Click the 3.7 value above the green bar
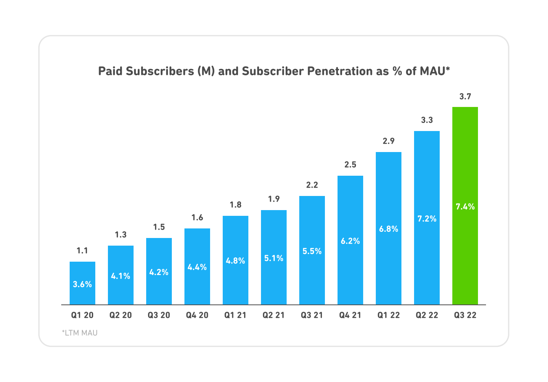coord(465,97)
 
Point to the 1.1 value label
coord(82,251)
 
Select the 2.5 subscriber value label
coord(350,165)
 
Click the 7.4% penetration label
coord(465,207)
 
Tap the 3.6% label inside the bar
coord(82,284)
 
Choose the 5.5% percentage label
coord(312,251)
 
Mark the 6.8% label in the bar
coord(388,229)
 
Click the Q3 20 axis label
coord(159,316)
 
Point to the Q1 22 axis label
coord(388,316)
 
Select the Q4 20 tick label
coord(197,316)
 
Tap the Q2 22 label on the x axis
coord(427,316)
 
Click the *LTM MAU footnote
coord(80,333)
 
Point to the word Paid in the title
coord(110,71)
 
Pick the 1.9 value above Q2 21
coord(274,199)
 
